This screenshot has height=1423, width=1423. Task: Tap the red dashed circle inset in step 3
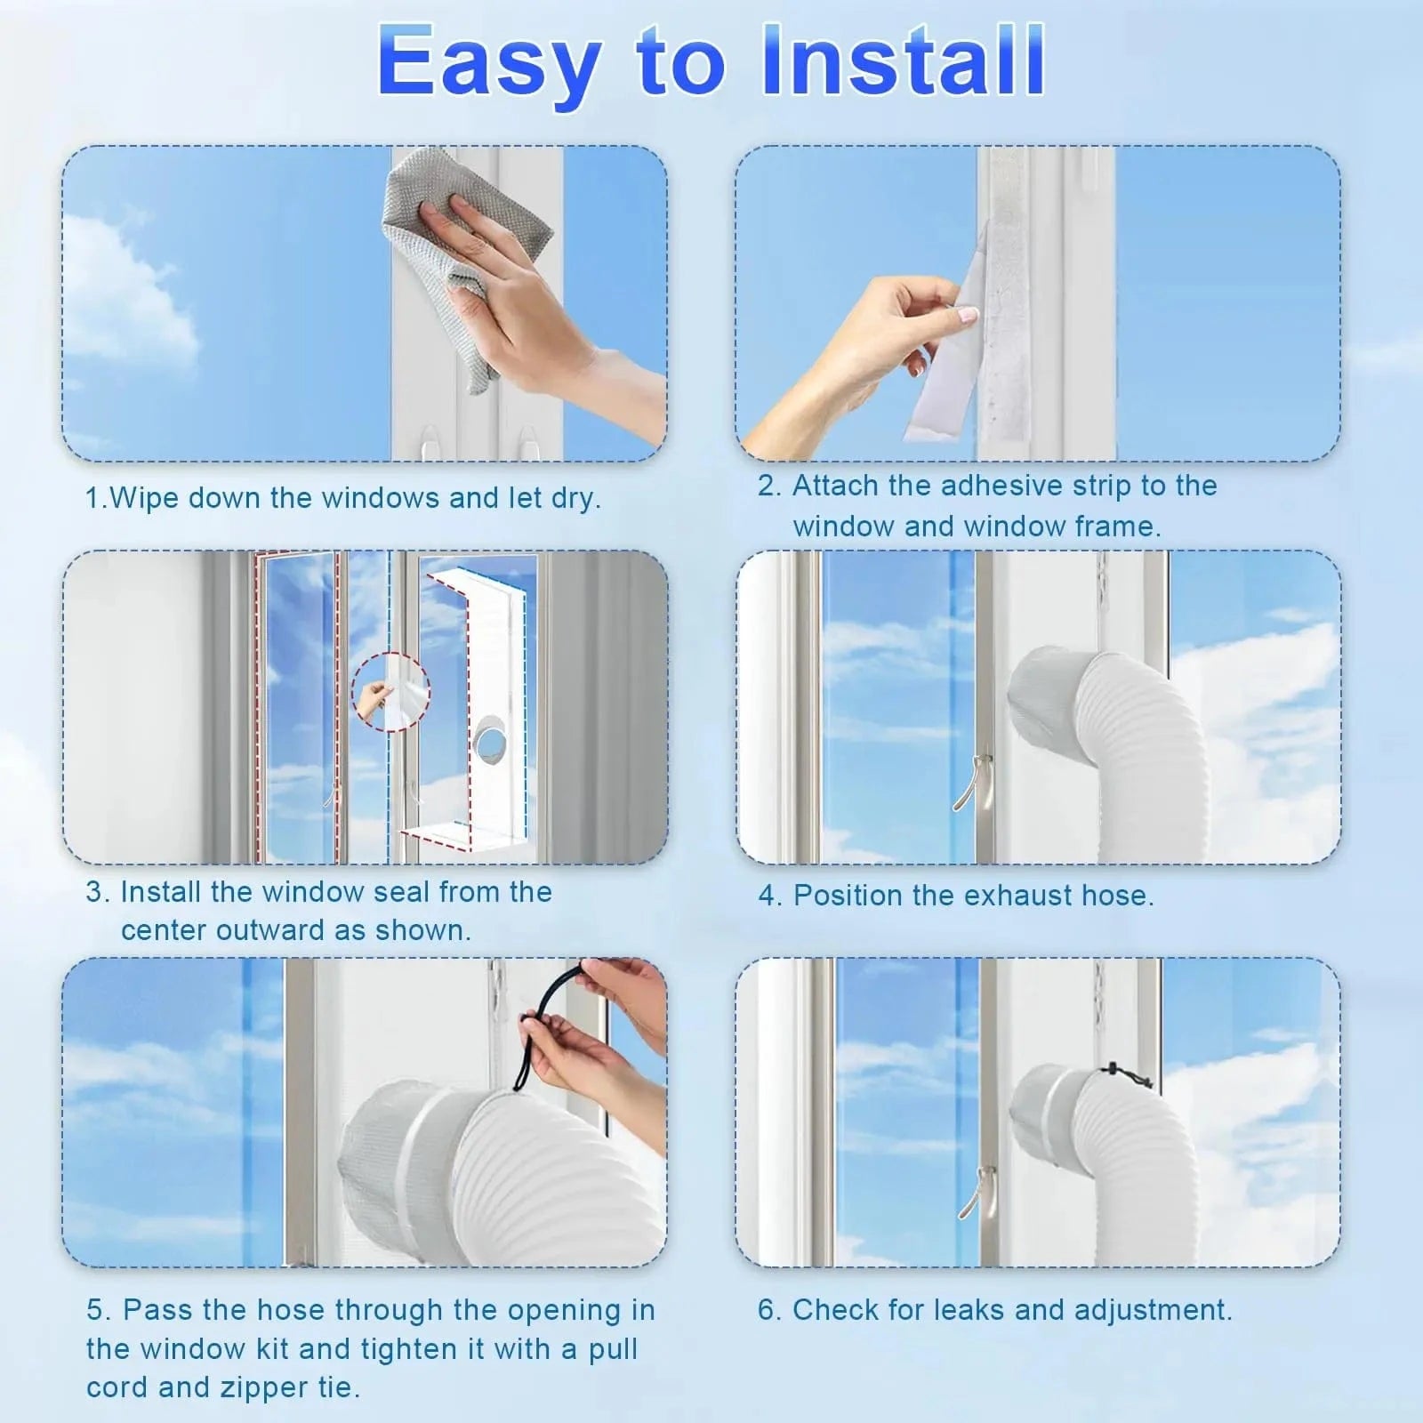point(390,691)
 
